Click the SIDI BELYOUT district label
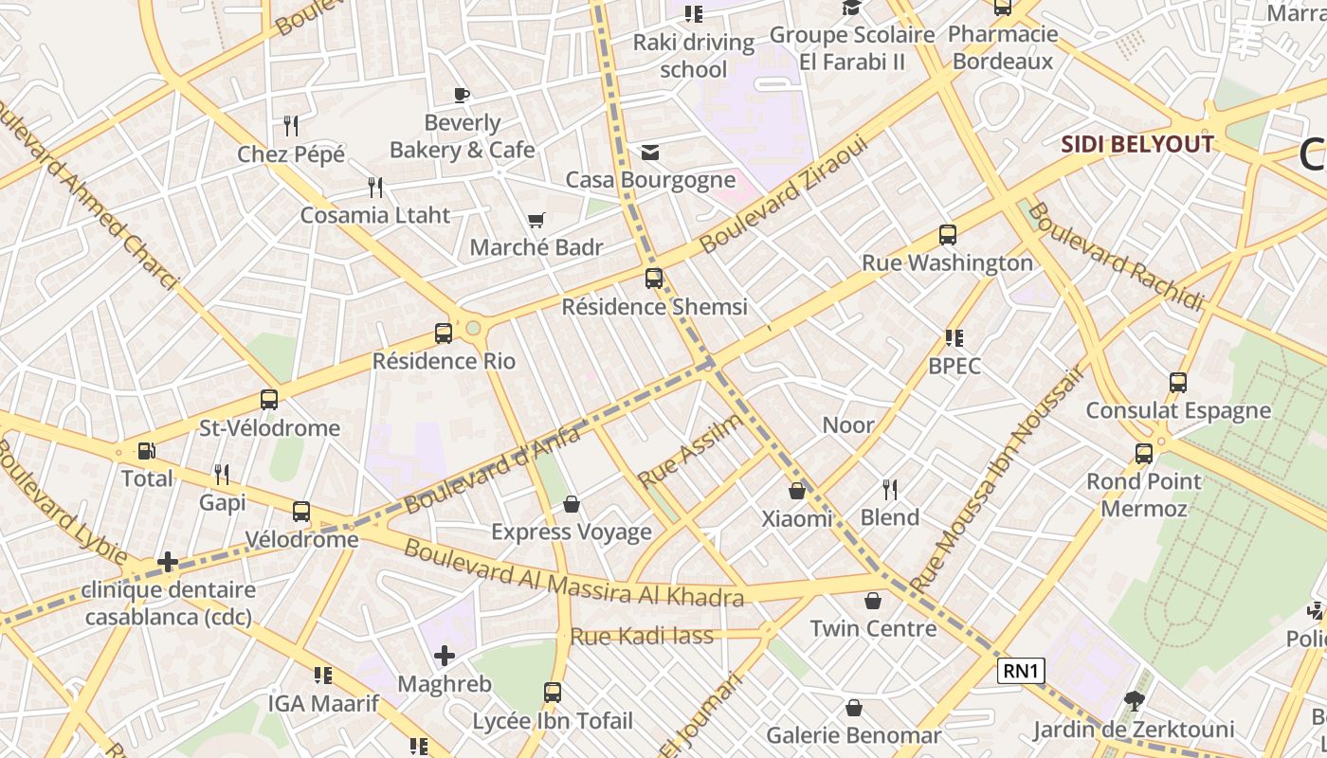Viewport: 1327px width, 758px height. coord(1136,144)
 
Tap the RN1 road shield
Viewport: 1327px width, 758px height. coord(1022,672)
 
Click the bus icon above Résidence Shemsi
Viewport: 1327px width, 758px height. coord(654,279)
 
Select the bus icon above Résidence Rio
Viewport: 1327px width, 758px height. coord(443,334)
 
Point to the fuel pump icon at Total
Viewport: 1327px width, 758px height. coord(146,451)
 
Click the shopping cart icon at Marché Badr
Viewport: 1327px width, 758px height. coord(536,221)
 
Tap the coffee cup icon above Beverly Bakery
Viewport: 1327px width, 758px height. coord(462,95)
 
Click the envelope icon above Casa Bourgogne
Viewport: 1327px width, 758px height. coord(650,153)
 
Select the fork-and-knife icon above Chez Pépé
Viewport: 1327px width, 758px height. coord(291,125)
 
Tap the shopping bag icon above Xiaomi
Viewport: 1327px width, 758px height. coord(797,491)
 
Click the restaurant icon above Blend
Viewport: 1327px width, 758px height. coord(889,490)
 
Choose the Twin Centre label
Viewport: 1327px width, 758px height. coord(873,628)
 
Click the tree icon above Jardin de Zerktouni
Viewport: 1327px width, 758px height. coord(1133,702)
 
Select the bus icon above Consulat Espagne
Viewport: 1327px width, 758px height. coord(1177,383)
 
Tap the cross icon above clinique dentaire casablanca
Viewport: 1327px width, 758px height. coord(168,563)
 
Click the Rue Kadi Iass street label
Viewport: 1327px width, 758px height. coord(642,637)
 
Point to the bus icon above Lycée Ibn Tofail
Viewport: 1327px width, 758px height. coord(553,693)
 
